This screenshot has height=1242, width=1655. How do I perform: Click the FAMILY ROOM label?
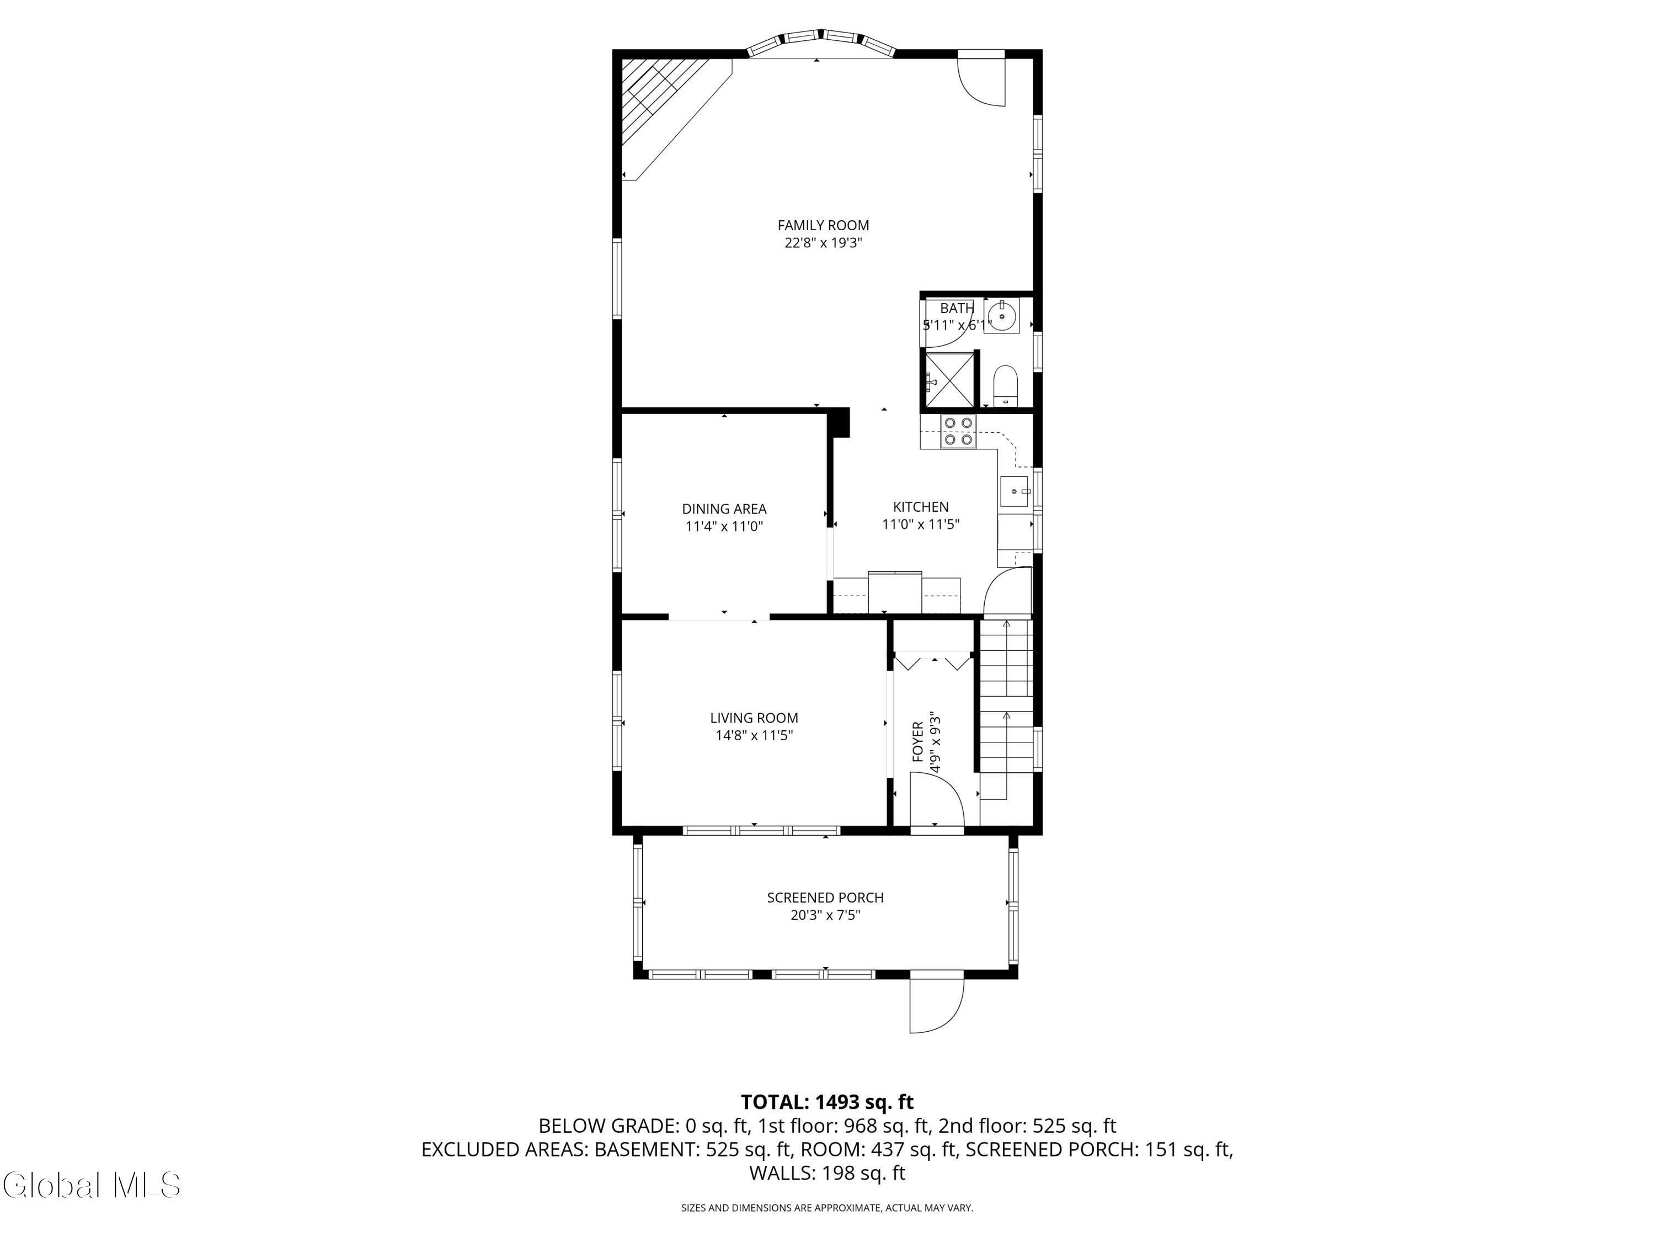coord(823,225)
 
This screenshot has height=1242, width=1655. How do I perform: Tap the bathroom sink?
coord(1001,316)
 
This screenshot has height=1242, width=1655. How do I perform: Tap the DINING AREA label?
coord(724,509)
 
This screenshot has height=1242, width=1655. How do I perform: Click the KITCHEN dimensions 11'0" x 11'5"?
coord(921,524)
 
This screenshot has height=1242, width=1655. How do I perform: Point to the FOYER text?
coord(918,742)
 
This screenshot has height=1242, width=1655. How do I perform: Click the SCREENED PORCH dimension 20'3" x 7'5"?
coord(826,915)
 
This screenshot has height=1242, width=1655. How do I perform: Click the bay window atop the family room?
coord(821,42)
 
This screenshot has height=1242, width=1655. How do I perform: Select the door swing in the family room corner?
coord(981,78)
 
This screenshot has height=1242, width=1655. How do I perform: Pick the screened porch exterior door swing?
coord(937,1003)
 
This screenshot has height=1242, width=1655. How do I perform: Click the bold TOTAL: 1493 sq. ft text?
coord(827,1102)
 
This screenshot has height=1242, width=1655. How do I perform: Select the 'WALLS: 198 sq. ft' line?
coord(827,1173)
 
